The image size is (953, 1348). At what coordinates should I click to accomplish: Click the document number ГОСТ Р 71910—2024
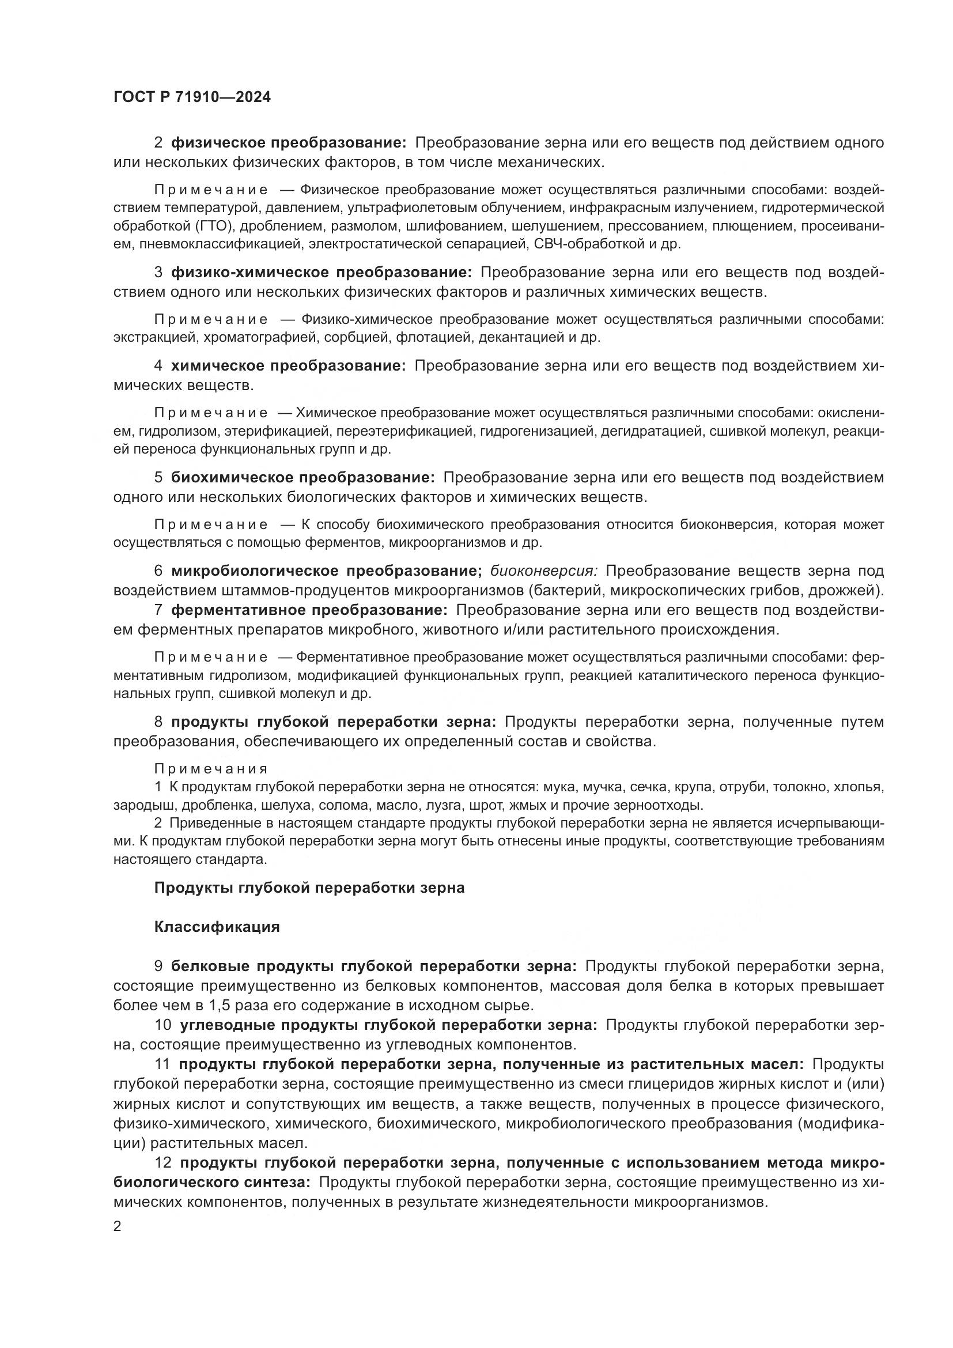coord(192,97)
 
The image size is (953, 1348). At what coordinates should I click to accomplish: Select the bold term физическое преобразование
coord(288,143)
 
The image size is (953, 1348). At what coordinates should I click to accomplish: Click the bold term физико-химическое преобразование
coord(321,273)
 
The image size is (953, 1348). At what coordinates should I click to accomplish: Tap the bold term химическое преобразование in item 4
coord(288,366)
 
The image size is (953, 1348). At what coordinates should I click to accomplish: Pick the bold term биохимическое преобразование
coord(303,478)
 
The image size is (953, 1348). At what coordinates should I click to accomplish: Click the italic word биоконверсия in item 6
coord(543,571)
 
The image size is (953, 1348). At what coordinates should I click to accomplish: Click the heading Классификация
coord(217,927)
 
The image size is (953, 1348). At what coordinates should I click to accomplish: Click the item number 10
coord(162,1025)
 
